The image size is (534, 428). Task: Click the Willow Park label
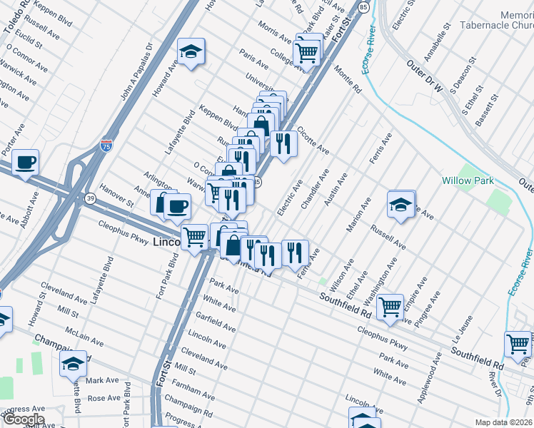coord(467,180)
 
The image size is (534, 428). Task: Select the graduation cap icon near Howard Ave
coord(191,52)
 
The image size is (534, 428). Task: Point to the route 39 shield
coord(91,197)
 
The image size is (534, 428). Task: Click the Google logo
coord(23,419)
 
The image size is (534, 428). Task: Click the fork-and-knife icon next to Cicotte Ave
coord(283,144)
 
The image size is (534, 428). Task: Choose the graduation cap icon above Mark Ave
coord(72,365)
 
